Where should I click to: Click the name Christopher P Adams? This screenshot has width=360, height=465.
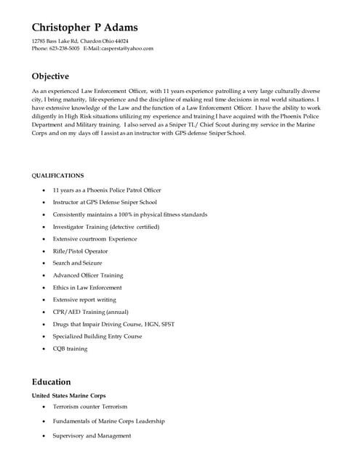[84, 27]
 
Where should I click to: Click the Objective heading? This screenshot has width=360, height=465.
[50, 76]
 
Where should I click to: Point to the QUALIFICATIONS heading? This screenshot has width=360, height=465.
[57, 175]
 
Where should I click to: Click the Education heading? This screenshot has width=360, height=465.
[51, 381]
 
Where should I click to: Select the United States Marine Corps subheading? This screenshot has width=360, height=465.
[68, 395]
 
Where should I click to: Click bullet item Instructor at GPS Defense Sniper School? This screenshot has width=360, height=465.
[104, 202]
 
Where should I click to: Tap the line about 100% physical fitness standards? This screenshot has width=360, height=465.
[129, 214]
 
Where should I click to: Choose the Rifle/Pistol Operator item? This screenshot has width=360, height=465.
[80, 251]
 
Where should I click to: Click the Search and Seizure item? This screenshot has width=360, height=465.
[77, 263]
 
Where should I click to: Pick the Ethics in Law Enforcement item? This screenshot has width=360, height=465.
[87, 288]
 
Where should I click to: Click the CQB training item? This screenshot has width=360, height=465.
[70, 349]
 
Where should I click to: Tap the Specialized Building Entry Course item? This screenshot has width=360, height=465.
[97, 336]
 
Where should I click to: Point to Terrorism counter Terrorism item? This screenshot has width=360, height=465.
[89, 407]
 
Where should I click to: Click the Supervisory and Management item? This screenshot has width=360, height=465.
[92, 435]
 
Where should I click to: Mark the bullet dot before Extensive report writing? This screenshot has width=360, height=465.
[45, 300]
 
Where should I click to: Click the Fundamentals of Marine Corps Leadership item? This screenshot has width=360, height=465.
[108, 421]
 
